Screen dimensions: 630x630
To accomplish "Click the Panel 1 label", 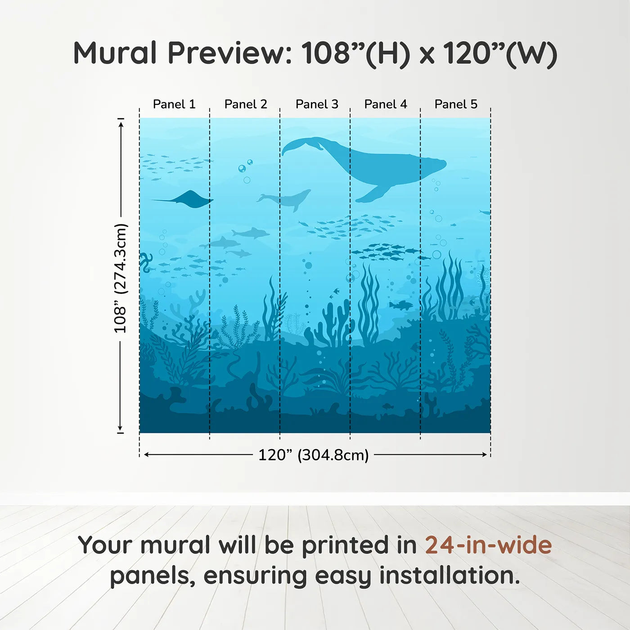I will [174, 104].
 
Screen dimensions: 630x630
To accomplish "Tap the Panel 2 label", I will [246, 104].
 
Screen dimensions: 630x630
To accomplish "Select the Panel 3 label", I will [317, 104].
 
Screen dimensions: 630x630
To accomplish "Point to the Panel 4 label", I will [386, 104].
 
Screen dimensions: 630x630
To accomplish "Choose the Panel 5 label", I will [456, 104].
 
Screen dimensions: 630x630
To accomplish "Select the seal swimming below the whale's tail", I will [288, 198].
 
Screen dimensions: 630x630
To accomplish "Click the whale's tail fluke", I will [299, 145].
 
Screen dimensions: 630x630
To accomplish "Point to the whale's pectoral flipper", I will [373, 193].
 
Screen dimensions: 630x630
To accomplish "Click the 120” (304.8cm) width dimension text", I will [314, 455].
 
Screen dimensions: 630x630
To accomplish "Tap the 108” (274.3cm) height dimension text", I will [121, 278].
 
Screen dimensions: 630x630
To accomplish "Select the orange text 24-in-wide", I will [488, 545].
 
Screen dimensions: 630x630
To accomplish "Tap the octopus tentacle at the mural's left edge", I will [145, 262].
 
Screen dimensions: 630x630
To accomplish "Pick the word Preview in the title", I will [229, 53].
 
